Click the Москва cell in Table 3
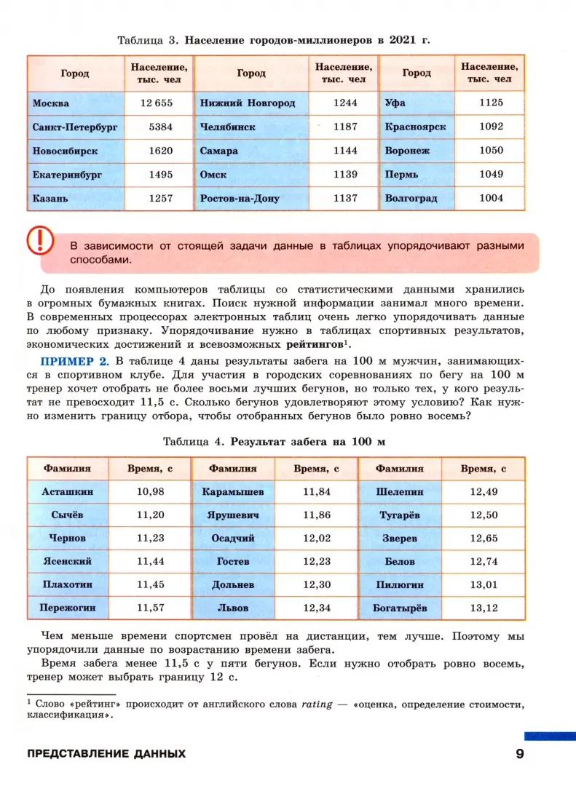(51, 103)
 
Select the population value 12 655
(156, 103)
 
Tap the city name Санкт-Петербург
(75, 127)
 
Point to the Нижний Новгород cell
(248, 103)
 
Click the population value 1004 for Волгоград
(491, 198)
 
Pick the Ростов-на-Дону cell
(240, 198)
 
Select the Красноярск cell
(415, 127)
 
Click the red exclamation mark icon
(41, 239)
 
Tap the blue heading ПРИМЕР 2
(74, 361)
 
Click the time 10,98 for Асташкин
(151, 491)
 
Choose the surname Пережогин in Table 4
(68, 607)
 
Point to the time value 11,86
(317, 515)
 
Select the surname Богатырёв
(400, 607)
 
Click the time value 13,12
(484, 607)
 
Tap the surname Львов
(233, 607)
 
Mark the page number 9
(520, 753)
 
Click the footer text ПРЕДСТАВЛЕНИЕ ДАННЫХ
(106, 753)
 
